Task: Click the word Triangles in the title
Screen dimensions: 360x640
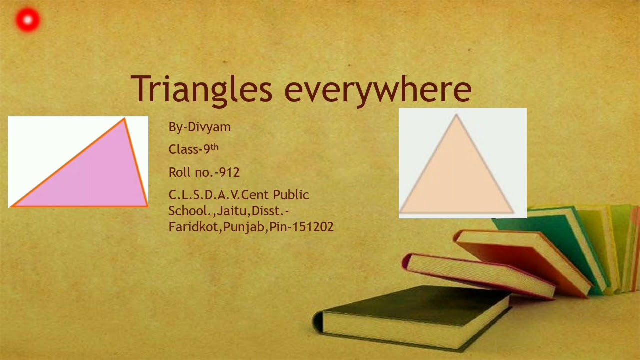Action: pos(201,89)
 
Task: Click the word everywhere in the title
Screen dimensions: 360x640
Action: pos(378,90)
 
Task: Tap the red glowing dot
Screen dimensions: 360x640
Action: pos(28,20)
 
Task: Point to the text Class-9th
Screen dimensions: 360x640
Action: pos(193,149)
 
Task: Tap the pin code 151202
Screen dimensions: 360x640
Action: pos(313,227)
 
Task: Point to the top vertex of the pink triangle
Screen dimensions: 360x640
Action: pos(124,119)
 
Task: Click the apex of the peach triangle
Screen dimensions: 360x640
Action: pos(456,115)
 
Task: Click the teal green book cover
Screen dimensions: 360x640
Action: pos(570,235)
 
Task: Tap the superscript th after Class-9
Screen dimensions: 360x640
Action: pos(214,147)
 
